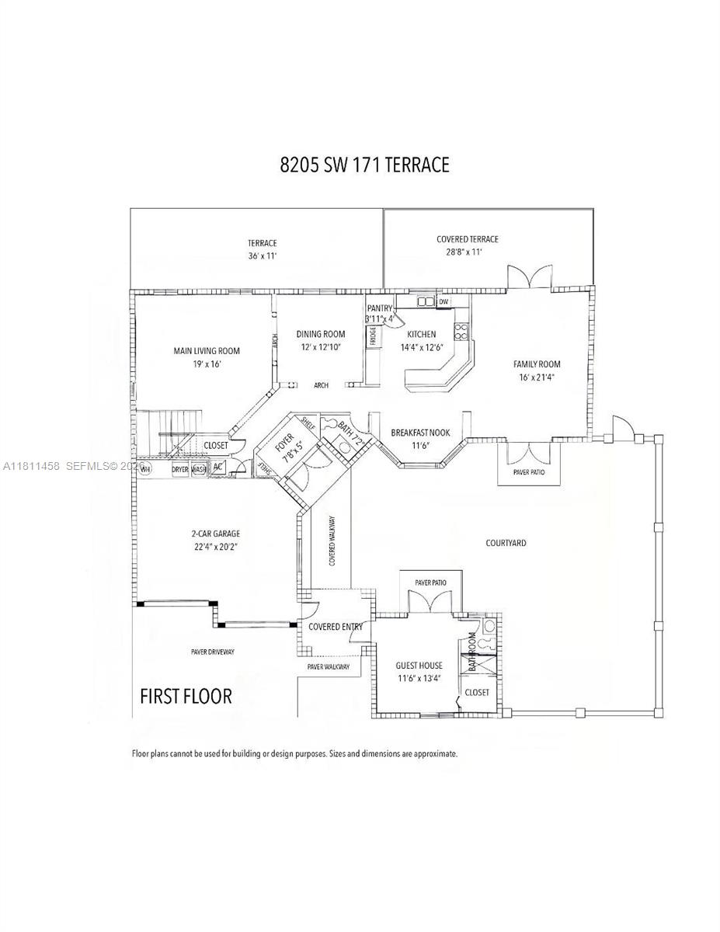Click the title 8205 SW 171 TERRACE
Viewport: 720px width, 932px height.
tap(364, 165)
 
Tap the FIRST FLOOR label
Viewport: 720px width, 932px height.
tap(186, 696)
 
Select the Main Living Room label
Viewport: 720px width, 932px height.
tap(207, 351)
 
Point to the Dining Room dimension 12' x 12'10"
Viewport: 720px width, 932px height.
tap(320, 346)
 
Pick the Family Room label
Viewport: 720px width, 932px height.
tap(537, 364)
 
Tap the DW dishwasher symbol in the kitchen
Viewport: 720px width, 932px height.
tap(443, 301)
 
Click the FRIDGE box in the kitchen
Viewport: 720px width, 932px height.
tap(373, 336)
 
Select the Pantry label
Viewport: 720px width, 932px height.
tap(381, 308)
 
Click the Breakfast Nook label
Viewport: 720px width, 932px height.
tap(420, 433)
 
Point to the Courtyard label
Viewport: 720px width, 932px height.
tap(506, 543)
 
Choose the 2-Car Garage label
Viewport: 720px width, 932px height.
tap(216, 534)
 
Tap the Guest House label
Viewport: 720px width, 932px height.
tap(419, 666)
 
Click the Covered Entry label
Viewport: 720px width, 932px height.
tap(335, 627)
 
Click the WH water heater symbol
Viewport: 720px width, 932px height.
tap(145, 469)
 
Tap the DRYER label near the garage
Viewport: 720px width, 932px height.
tap(180, 469)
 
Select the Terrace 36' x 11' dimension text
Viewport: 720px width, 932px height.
tap(263, 256)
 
